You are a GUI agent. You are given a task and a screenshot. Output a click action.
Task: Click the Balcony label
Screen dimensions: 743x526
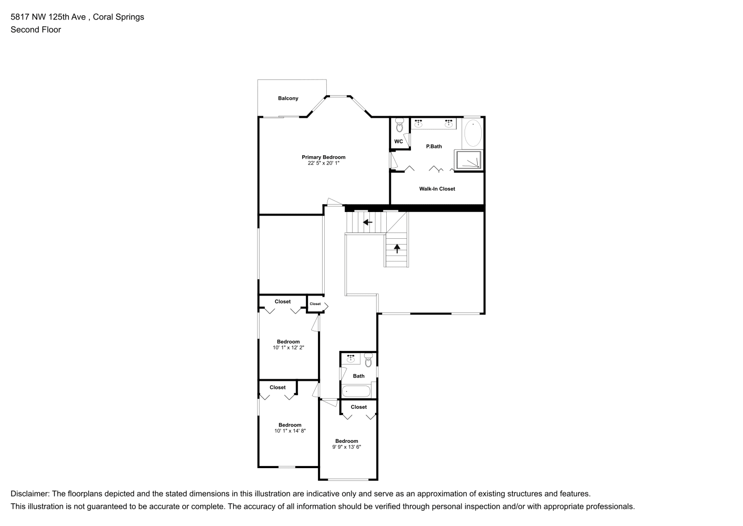tap(288, 98)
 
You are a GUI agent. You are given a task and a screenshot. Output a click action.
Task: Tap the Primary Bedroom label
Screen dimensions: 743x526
tap(323, 157)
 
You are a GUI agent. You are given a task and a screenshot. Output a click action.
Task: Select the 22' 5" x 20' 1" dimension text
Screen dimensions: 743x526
tap(323, 163)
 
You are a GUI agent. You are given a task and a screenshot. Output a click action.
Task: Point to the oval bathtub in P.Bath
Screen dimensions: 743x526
tap(473, 133)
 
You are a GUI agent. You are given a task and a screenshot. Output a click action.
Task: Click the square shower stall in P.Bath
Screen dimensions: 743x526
tap(469, 160)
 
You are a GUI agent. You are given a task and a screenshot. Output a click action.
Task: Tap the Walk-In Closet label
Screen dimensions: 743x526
tap(437, 189)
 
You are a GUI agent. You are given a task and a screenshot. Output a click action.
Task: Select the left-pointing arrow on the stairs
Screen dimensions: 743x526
tap(367, 222)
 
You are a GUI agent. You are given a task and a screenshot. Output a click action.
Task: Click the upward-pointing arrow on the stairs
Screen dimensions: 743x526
tap(397, 248)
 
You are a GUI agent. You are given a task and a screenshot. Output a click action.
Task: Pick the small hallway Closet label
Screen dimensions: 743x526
tap(315, 304)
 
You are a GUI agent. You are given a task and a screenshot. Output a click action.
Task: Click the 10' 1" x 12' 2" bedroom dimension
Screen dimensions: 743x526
tap(288, 348)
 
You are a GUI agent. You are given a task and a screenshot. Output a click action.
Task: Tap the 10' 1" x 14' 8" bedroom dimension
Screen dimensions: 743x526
tap(290, 431)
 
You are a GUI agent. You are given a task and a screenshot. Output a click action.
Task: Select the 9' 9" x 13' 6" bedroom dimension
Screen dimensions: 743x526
tap(347, 447)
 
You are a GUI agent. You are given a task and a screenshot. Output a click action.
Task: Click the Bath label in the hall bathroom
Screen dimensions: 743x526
tap(358, 376)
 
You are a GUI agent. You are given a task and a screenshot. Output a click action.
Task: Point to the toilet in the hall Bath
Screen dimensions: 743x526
tap(368, 360)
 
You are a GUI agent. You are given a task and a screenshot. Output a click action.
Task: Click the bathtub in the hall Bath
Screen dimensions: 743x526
tap(356, 391)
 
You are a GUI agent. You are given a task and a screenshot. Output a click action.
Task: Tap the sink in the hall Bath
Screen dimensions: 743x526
tap(350, 358)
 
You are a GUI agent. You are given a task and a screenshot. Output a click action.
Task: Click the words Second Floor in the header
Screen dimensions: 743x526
tap(36, 29)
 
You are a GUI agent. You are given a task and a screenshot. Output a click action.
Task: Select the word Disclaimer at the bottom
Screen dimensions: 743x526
tap(29, 493)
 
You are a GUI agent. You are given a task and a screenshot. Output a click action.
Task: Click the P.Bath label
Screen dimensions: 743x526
tap(434, 146)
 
